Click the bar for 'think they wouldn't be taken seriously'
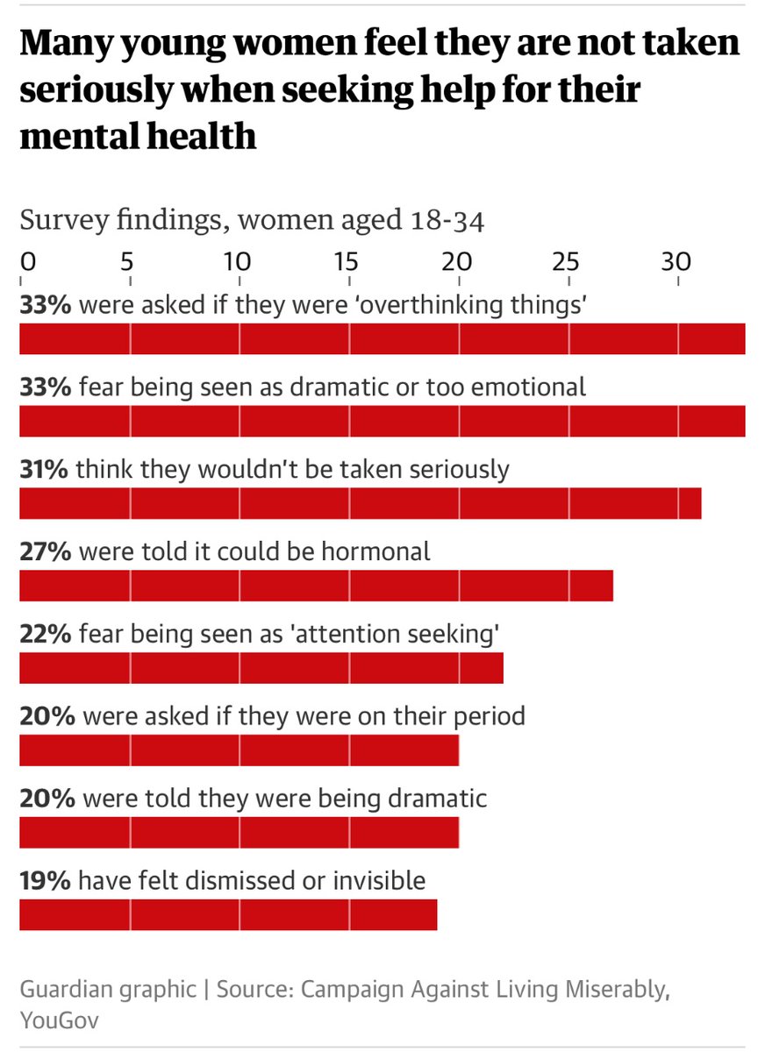360,503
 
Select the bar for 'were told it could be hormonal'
316,585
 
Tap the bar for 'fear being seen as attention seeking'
261,667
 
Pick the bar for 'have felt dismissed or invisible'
228,913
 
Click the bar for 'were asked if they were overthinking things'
382,338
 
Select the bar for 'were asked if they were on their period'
239,750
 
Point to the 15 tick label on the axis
346,261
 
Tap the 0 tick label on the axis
26,261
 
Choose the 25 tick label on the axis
566,261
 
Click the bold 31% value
44,469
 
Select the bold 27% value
44,551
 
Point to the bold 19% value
44,880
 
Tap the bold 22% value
44,634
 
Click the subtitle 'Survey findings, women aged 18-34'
252,220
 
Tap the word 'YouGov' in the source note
59,1020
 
